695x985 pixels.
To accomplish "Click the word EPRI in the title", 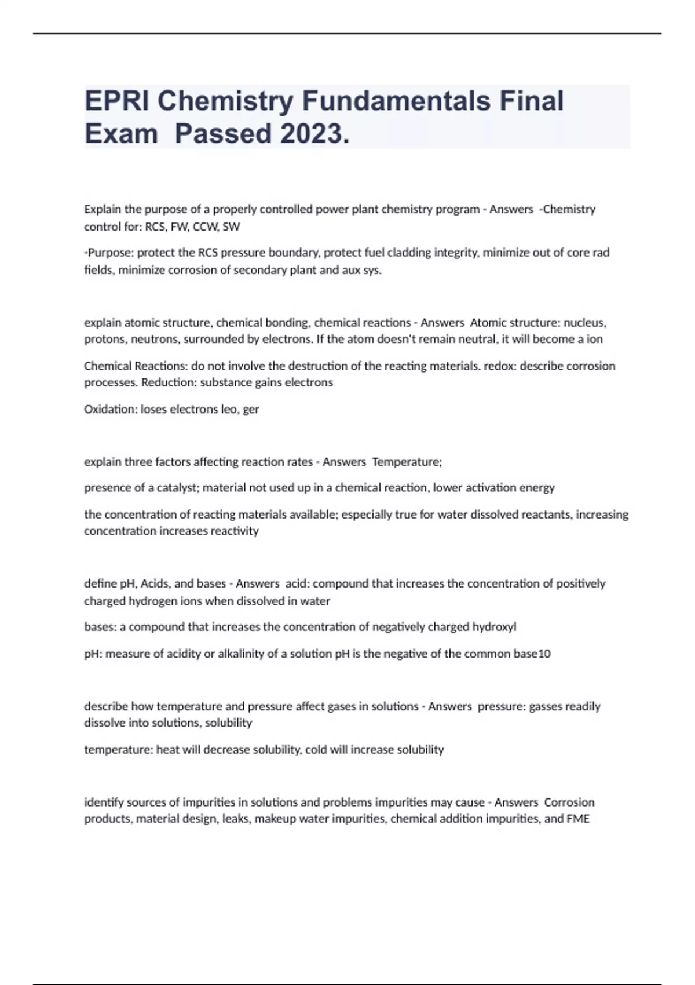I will pyautogui.click(x=117, y=101).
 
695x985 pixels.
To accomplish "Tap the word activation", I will pyautogui.click(x=488, y=488).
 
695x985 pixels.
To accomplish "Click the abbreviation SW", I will pyautogui.click(x=231, y=227).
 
